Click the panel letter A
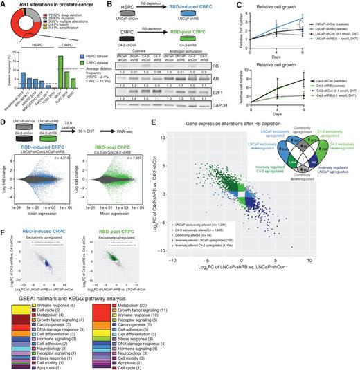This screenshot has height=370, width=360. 3,4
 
